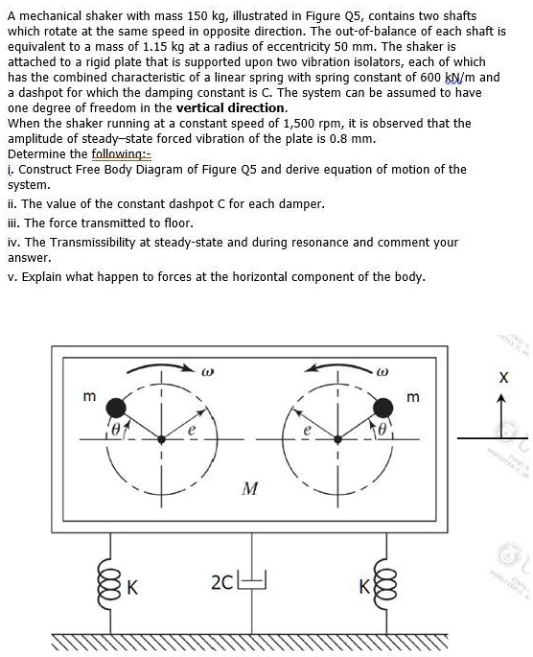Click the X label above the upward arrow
coord(502,379)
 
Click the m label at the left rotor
coord(90,396)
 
